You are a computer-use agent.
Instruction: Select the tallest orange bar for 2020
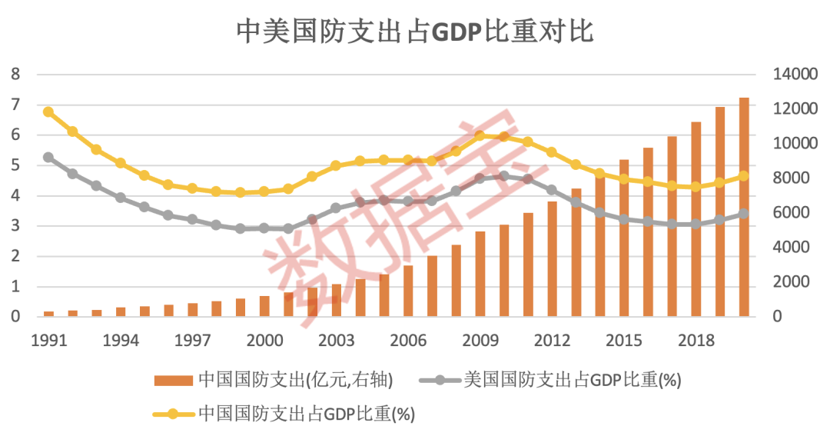pyautogui.click(x=744, y=208)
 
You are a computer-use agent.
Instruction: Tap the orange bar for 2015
pyautogui.click(x=624, y=238)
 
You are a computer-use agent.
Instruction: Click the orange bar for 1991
pyautogui.click(x=48, y=314)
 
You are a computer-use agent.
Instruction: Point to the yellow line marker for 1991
pyautogui.click(x=48, y=111)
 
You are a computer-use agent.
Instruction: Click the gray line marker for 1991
pyautogui.click(x=48, y=157)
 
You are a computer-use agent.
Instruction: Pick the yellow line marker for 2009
pyautogui.click(x=480, y=136)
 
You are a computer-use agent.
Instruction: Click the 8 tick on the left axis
pyautogui.click(x=15, y=75)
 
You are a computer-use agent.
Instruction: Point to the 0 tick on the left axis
pyautogui.click(x=15, y=317)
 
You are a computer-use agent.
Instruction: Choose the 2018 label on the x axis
pyautogui.click(x=696, y=340)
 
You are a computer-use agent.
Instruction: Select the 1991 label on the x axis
pyautogui.click(x=48, y=340)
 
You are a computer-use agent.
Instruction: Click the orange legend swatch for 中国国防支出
pyautogui.click(x=174, y=380)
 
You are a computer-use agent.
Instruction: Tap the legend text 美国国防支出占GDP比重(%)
pyautogui.click(x=573, y=380)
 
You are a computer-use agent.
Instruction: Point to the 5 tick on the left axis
pyautogui.click(x=15, y=165)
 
